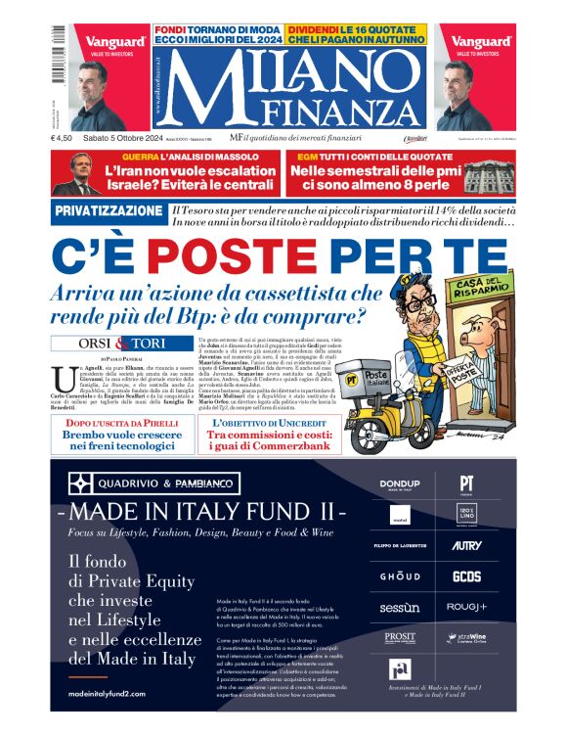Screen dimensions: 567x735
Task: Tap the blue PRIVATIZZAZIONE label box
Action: (x=109, y=210)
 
